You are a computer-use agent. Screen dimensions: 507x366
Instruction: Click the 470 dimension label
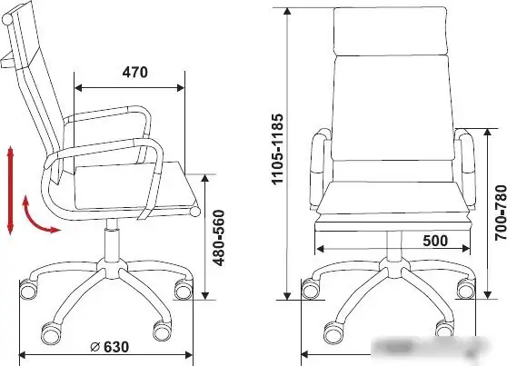134,73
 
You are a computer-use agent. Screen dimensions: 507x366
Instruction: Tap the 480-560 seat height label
220,238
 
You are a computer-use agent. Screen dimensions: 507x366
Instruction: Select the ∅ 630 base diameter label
110,347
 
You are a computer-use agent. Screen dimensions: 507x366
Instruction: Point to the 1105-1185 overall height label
277,149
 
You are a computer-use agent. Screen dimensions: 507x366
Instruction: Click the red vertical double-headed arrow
10,190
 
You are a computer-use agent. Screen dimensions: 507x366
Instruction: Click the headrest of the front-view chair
391,31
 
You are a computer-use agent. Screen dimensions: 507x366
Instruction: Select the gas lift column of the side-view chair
112,238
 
